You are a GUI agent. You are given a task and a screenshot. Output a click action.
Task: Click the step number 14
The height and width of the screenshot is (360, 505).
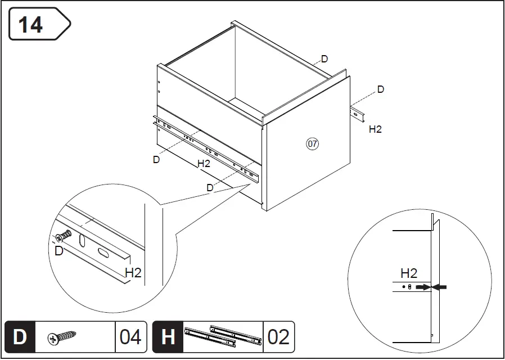pos(31,24)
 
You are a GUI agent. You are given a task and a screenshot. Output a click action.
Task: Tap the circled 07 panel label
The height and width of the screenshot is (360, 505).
pos(313,144)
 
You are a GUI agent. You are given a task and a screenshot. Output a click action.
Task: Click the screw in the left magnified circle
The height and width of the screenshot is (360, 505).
pos(64,237)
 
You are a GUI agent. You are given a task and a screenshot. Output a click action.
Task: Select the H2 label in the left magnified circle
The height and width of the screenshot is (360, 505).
pos(133,273)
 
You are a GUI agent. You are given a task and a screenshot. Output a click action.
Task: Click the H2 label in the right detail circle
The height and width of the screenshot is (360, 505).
pos(409,273)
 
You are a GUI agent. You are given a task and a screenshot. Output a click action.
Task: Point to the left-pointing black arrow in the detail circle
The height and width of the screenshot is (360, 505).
pos(440,287)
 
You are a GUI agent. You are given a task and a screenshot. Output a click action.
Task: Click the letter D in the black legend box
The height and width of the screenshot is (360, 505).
pos(20,337)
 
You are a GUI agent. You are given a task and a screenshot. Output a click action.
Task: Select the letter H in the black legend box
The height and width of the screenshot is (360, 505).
pos(168,337)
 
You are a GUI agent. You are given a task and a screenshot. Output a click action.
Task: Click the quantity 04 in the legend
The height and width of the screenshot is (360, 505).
pos(130,337)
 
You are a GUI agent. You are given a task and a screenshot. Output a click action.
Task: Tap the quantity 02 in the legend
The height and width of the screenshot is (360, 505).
pos(278,337)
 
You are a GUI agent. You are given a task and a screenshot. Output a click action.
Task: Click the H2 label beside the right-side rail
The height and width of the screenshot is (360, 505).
pos(375,129)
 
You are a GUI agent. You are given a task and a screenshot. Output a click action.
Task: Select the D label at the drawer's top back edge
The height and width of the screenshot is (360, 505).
pos(324,59)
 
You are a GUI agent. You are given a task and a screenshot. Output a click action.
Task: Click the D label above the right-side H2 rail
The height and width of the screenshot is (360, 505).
pos(381,89)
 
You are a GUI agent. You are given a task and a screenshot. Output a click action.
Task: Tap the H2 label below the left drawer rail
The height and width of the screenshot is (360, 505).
pos(204,164)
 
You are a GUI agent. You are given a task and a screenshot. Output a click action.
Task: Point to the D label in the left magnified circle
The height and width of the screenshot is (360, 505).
pos(59,251)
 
